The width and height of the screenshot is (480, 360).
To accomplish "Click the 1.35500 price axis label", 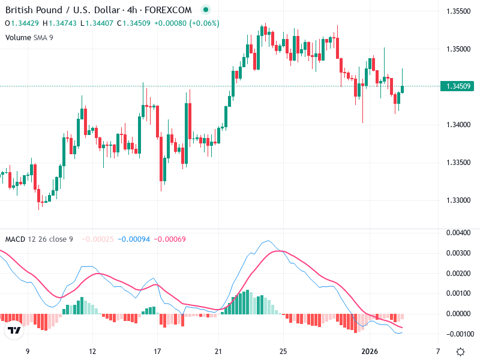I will tap(458, 11).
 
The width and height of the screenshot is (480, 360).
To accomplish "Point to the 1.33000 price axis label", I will tap(458, 200).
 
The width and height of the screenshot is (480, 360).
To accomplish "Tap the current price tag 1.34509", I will tap(458, 86).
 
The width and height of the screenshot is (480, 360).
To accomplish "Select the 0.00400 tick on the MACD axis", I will tap(458, 232).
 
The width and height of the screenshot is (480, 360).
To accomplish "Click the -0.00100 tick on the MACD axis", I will tap(458, 334).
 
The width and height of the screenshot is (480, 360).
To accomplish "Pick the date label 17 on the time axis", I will tap(157, 351).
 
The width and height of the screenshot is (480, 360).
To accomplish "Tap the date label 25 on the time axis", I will tap(284, 351).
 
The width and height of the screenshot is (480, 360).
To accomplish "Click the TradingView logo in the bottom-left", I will tap(14, 330).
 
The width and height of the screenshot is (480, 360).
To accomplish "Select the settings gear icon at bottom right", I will tap(460, 352).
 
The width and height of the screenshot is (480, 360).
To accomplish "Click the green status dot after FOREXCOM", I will tap(206, 10).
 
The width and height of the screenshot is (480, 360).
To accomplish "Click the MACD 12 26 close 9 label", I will tap(39, 239).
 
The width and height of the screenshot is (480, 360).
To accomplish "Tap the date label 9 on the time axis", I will tap(27, 351).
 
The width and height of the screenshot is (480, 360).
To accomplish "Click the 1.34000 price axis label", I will tap(458, 124).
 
